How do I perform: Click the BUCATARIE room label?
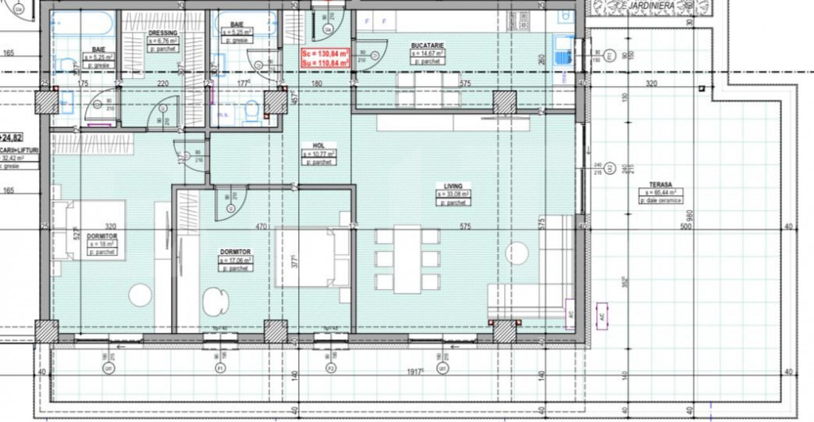pos(427,45)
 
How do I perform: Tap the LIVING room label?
pos(452,186)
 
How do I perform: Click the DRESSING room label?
pos(162,33)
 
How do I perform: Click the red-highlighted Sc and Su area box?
pos(324,57)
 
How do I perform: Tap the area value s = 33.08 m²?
pos(452,193)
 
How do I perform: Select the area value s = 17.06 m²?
pos(235,260)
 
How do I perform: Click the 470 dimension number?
pos(260,227)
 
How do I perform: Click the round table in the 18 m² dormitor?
pos(140,295)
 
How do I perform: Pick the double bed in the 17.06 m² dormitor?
pos(312,257)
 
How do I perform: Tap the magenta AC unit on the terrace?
pos(601,314)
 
